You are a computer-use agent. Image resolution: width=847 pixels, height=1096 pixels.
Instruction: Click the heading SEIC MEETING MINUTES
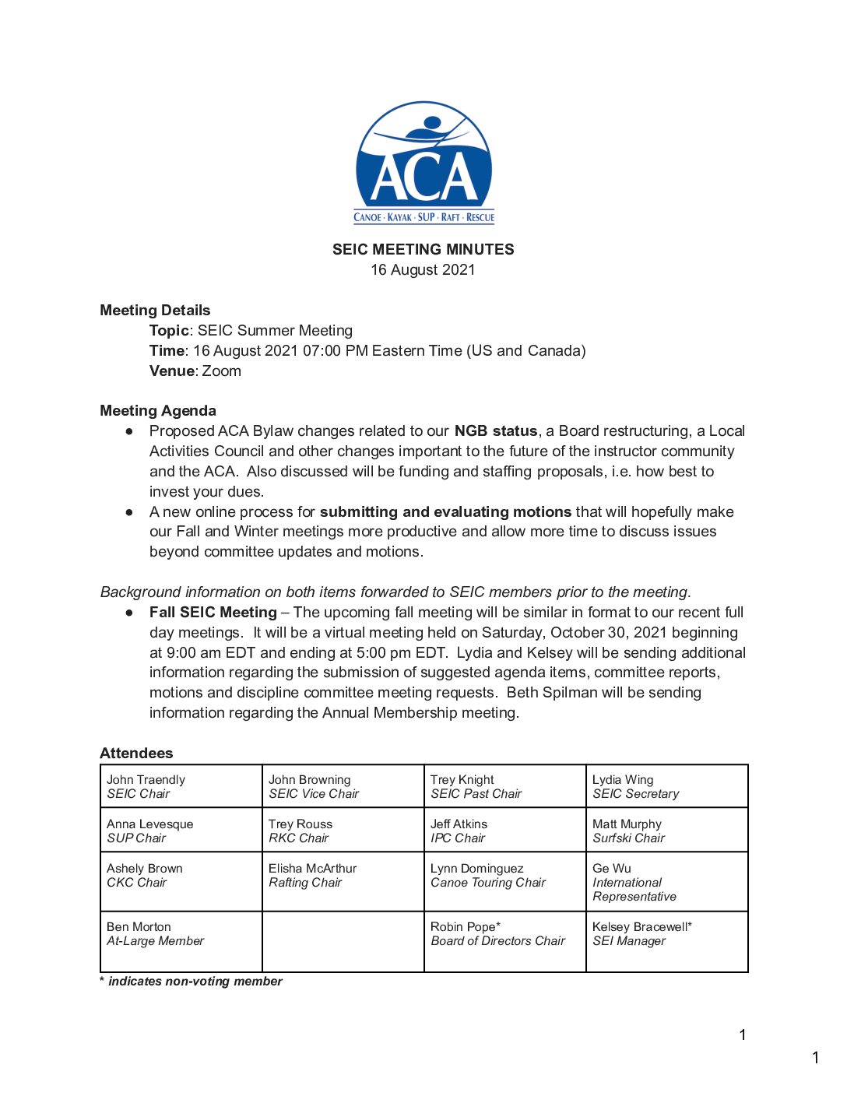pyautogui.click(x=423, y=250)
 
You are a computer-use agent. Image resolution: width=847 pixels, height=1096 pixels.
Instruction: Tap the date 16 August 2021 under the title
pyautogui.click(x=423, y=270)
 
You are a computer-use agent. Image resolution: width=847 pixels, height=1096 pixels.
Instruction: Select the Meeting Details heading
pyautogui.click(x=155, y=311)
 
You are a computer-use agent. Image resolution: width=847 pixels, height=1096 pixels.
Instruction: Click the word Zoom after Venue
pyautogui.click(x=222, y=371)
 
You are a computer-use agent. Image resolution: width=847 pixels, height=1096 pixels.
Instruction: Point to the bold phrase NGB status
pyautogui.click(x=496, y=431)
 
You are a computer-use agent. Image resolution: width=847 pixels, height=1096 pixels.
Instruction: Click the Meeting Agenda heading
pyautogui.click(x=158, y=411)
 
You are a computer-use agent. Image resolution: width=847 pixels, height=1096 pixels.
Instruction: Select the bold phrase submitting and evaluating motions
pyautogui.click(x=445, y=512)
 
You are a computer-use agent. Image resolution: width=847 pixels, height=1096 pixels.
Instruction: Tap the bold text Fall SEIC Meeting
pyautogui.click(x=213, y=613)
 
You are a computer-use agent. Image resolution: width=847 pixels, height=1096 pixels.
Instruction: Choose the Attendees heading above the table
pyautogui.click(x=136, y=753)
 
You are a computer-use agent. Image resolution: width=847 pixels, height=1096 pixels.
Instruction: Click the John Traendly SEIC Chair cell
pyautogui.click(x=181, y=786)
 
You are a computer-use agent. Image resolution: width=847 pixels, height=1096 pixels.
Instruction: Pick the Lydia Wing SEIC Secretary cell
pyautogui.click(x=666, y=786)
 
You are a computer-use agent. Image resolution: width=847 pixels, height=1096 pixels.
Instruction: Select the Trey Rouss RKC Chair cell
pyautogui.click(x=343, y=831)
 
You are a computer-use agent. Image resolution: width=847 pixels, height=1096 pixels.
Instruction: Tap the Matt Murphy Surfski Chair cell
pyautogui.click(x=666, y=831)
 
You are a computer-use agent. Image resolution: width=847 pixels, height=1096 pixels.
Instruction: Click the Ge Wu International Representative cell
pyautogui.click(x=666, y=882)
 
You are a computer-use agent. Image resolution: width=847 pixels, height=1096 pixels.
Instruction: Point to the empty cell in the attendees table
pyautogui.click(x=343, y=942)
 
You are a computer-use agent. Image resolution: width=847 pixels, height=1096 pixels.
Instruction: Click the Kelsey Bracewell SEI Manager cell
pyautogui.click(x=666, y=942)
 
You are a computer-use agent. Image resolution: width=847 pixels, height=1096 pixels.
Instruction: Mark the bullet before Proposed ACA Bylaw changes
pyautogui.click(x=129, y=431)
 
